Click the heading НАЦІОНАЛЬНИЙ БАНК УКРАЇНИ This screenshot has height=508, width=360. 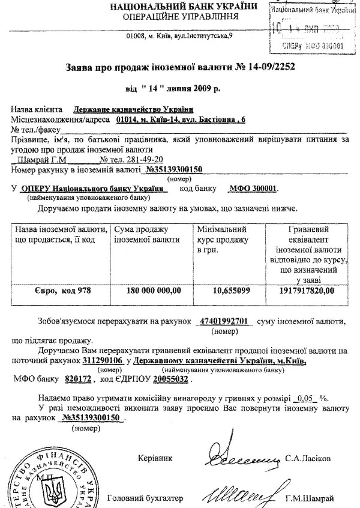point(178,7)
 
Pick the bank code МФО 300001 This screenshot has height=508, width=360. point(254,188)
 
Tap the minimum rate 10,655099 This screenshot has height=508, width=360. point(230,291)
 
